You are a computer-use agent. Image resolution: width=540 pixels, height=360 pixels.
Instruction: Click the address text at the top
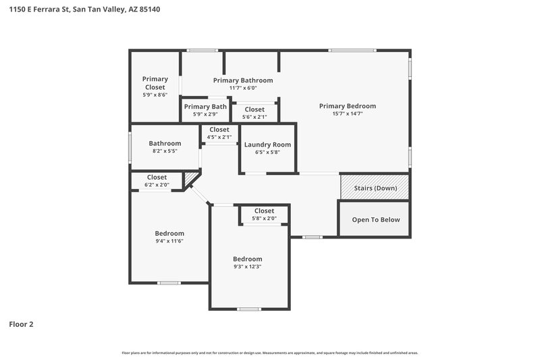[84, 10]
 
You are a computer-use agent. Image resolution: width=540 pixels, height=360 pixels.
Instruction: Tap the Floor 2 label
[21, 324]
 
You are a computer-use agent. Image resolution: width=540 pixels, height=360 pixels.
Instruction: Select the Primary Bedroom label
[347, 106]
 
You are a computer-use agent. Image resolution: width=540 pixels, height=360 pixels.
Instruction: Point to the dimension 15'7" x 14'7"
[347, 114]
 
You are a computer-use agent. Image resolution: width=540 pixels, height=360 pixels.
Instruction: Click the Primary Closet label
[155, 83]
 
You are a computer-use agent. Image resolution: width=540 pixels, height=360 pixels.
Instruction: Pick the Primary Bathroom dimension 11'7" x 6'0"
[242, 88]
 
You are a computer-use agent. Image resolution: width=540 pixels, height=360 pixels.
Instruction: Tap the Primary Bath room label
[205, 107]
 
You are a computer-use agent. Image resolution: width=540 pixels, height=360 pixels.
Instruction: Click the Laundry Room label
[267, 145]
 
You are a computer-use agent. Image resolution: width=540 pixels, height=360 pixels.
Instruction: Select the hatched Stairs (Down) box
[375, 188]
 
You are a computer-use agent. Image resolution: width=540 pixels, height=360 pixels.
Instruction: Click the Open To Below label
[375, 220]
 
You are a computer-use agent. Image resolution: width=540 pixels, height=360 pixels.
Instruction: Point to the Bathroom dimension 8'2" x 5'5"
[165, 151]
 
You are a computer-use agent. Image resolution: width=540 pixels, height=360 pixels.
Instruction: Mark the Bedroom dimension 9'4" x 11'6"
[169, 241]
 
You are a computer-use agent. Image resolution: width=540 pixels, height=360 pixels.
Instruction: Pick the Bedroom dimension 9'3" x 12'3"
[247, 267]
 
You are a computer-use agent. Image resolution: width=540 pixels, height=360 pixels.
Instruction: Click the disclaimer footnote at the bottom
[270, 353]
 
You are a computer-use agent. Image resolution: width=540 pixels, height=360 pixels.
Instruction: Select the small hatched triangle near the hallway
[190, 179]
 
